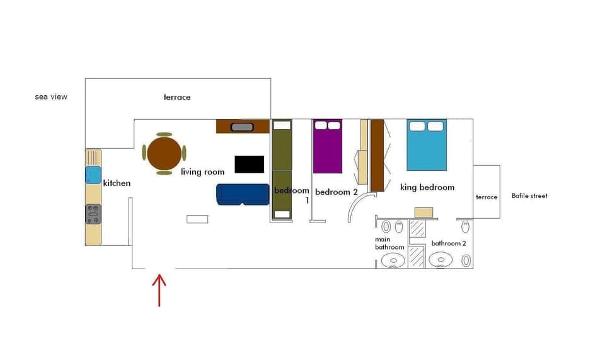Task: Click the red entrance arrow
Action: (159, 289)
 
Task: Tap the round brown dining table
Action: (164, 153)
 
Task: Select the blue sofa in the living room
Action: (243, 194)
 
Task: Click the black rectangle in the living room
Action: (250, 164)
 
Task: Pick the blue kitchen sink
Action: (93, 175)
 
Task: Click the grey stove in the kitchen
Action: (93, 214)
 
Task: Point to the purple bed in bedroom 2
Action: (328, 146)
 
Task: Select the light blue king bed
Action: (427, 145)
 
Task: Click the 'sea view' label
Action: (51, 97)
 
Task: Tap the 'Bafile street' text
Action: (529, 196)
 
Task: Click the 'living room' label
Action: (202, 172)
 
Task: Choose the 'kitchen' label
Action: (117, 183)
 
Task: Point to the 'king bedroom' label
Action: (427, 187)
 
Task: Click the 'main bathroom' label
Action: (389, 243)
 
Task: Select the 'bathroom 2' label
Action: (449, 243)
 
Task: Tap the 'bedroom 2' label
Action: (337, 192)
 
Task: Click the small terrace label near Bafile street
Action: (487, 197)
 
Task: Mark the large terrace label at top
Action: (177, 98)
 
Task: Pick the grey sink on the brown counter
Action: (243, 127)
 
